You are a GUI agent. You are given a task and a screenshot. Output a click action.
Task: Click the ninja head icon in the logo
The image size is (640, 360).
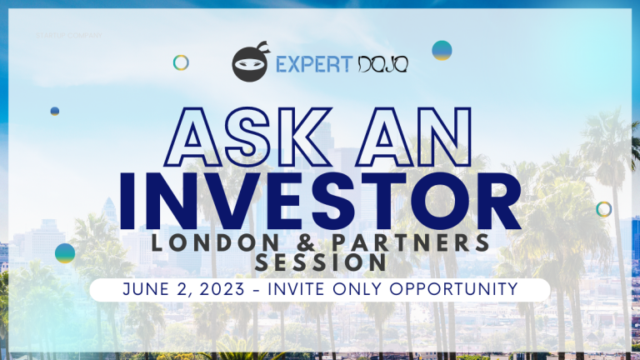[250, 63]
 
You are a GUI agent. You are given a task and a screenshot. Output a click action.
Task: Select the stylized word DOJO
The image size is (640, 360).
[384, 64]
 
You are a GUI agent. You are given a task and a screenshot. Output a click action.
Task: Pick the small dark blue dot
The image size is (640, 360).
[55, 111]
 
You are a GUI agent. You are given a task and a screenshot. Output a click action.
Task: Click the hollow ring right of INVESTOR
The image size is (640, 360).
[604, 209]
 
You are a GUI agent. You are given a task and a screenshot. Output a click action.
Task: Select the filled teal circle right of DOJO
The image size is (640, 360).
[442, 50]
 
